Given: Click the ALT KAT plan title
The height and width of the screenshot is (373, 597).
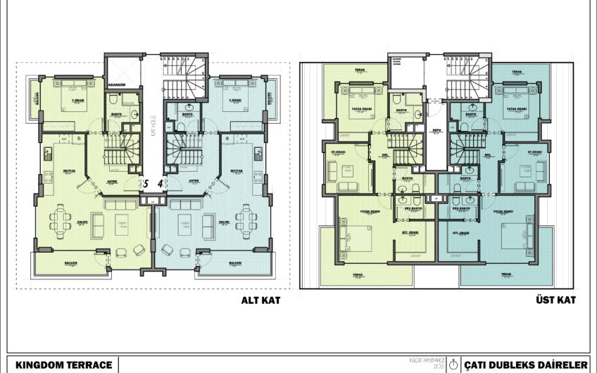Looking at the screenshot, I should (260, 301).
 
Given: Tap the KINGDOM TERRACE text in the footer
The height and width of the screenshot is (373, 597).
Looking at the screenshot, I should (64, 364).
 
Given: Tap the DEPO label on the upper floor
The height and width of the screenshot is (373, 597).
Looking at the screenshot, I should (436, 129).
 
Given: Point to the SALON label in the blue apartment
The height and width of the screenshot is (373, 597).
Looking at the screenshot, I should (225, 222).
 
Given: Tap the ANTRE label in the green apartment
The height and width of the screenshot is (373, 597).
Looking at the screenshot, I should (112, 179).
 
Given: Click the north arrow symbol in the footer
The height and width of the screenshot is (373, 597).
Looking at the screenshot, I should (454, 364).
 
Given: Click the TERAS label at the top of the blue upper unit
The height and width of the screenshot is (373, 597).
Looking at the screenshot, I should (517, 71).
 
